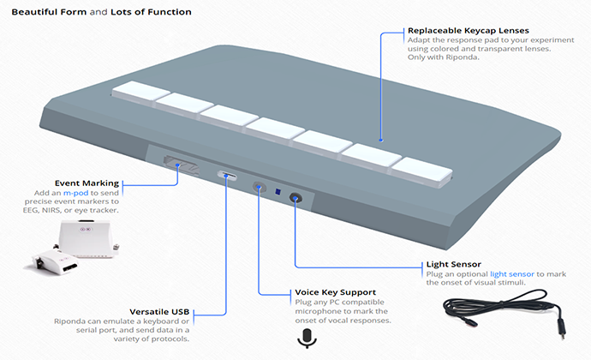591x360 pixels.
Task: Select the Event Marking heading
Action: [x=86, y=183]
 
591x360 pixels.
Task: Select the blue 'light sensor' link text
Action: [x=506, y=273]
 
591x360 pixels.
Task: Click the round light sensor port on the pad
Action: [x=295, y=198]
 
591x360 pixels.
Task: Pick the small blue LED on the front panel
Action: [x=278, y=192]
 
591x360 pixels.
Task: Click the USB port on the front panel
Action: [x=226, y=177]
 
